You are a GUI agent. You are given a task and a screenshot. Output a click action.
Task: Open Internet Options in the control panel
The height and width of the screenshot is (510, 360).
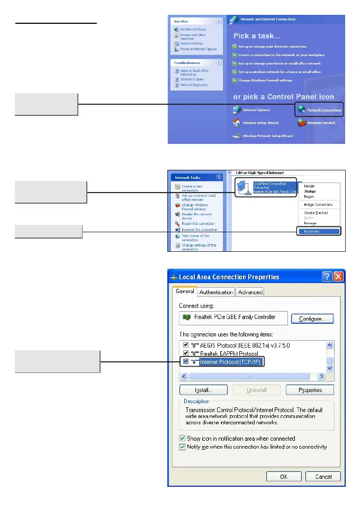[x=253, y=110]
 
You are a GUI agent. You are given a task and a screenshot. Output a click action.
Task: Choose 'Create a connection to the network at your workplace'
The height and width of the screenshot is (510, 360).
[x=281, y=55]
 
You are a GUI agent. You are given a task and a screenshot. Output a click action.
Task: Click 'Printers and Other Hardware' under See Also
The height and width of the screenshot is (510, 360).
[x=193, y=37]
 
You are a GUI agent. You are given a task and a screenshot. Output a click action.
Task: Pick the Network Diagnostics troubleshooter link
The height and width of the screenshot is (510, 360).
[x=194, y=85]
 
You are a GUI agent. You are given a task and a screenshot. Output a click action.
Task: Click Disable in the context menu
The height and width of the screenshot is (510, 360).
[x=309, y=186]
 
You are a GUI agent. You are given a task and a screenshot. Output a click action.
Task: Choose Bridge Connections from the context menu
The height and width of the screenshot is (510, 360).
[x=318, y=204]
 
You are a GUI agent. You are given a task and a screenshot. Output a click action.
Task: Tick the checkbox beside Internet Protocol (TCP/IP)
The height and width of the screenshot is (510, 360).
[x=186, y=362]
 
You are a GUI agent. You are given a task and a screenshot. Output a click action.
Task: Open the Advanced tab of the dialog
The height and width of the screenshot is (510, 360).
[x=250, y=292]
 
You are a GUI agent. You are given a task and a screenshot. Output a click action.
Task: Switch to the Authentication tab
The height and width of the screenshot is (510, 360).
[x=216, y=292]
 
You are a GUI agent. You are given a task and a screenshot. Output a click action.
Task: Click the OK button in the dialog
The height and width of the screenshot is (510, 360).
[x=283, y=476]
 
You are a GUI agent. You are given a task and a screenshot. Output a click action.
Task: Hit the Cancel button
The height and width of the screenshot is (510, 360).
[x=323, y=476]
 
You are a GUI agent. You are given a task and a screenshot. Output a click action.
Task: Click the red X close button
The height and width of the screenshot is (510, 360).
[x=338, y=277]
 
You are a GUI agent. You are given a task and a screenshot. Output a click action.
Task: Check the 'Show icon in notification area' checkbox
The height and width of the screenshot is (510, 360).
[x=182, y=439]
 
